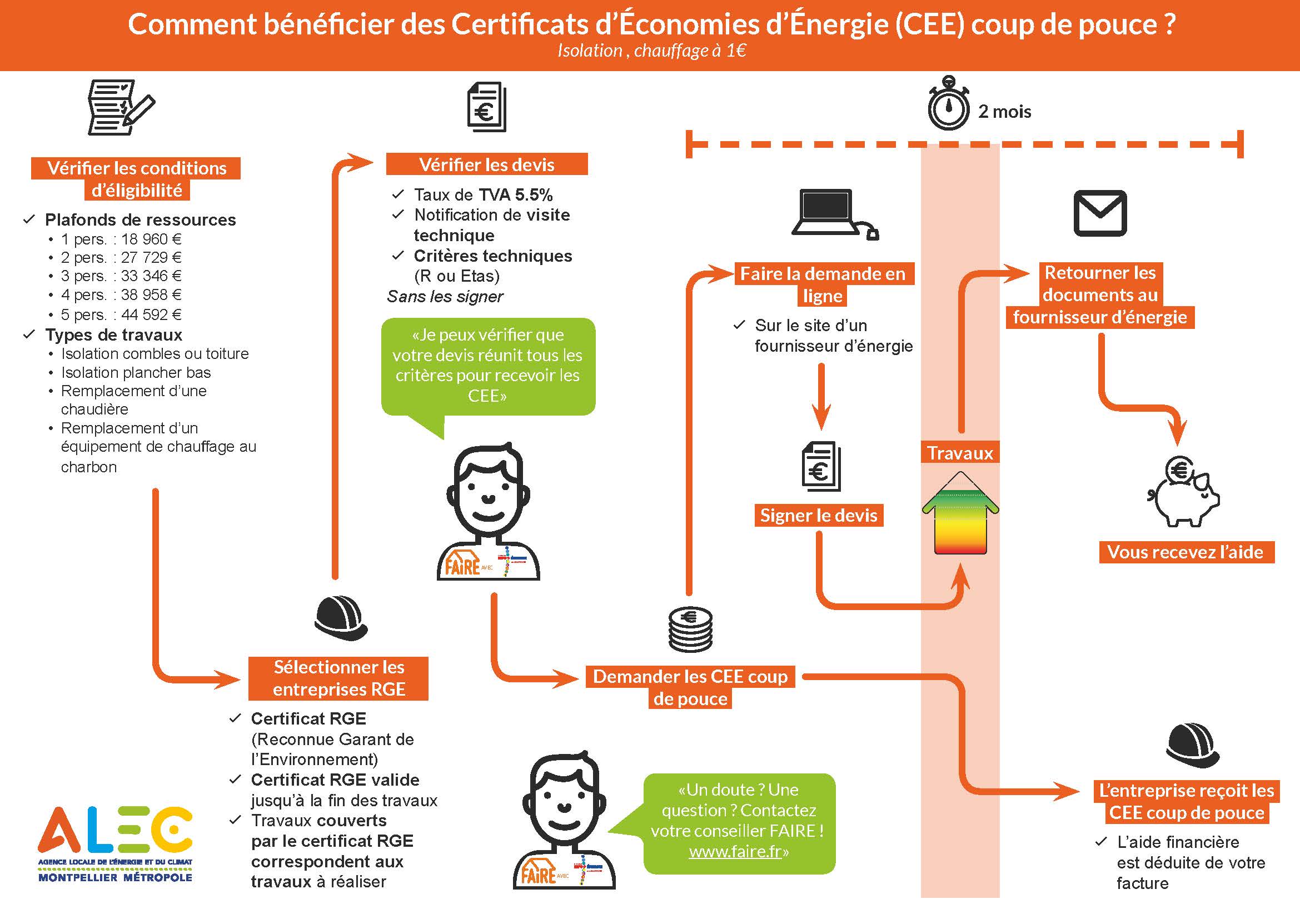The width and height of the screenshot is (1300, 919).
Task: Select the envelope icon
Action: tap(1099, 213)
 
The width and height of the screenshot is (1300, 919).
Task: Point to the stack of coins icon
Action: tap(690, 630)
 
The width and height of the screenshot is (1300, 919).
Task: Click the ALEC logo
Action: tap(116, 843)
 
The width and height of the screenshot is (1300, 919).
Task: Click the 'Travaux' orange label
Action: tap(960, 453)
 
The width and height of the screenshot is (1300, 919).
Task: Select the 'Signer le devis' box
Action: tap(819, 516)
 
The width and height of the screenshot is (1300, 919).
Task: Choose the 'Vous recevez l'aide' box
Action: tap(1185, 552)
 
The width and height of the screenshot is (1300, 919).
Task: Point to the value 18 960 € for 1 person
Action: tap(151, 239)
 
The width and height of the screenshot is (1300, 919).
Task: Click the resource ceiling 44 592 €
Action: tap(151, 314)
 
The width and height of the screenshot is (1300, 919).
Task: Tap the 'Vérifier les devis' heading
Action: tap(486, 164)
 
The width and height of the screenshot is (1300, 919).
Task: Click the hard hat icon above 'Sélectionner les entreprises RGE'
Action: tap(341, 618)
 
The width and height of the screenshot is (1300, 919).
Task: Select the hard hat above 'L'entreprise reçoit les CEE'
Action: tap(1192, 744)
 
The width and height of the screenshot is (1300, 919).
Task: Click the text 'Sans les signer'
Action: tap(445, 297)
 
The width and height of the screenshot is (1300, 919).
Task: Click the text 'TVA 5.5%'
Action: tap(515, 194)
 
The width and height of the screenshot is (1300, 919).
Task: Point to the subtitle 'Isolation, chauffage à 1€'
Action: tap(651, 51)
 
